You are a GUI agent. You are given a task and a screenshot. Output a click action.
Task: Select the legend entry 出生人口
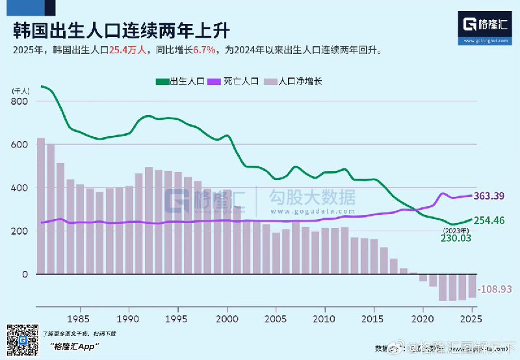[180, 82]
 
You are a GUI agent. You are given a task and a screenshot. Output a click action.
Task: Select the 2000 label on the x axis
[227, 319]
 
